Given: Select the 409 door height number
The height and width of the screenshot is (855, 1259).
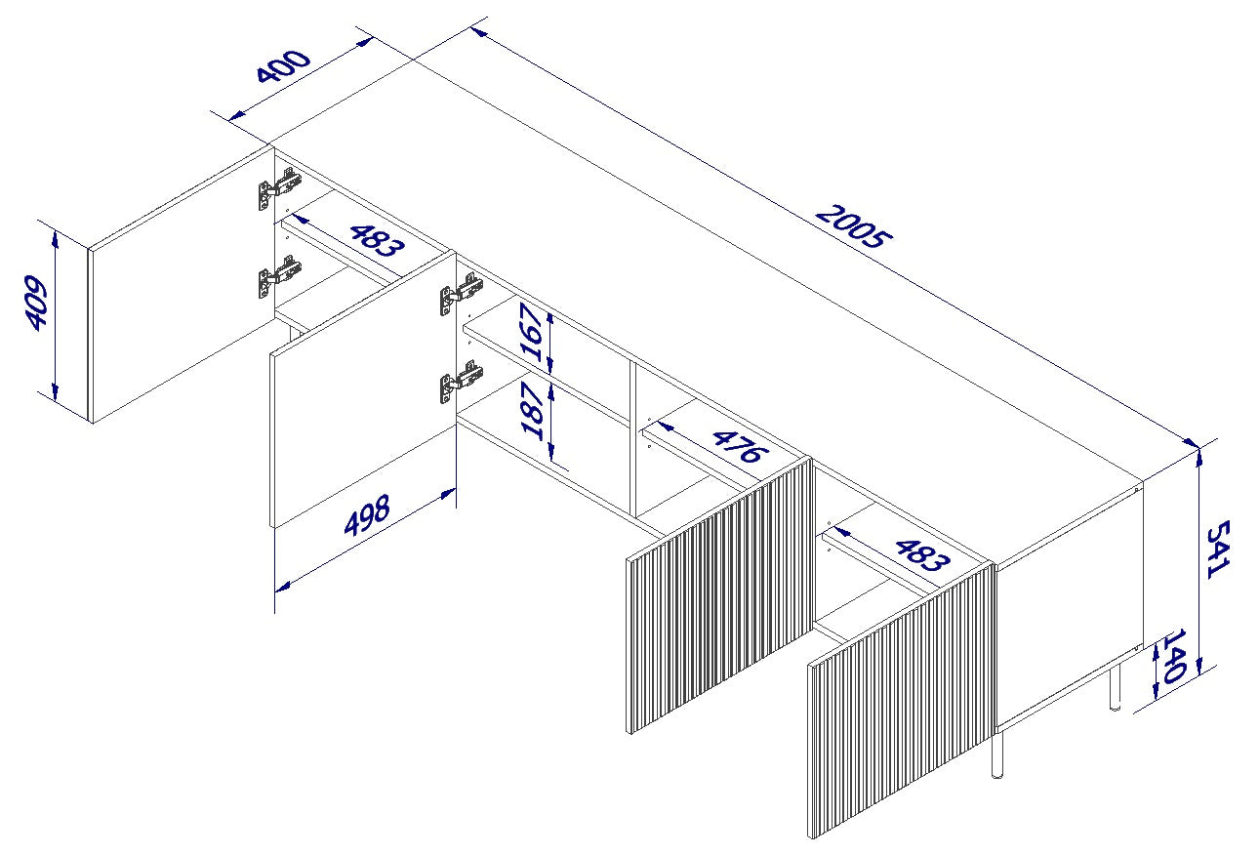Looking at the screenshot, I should pyautogui.click(x=37, y=304).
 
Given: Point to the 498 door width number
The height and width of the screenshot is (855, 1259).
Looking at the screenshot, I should pyautogui.click(x=367, y=514).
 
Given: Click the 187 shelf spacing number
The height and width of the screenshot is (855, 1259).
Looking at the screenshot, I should pyautogui.click(x=533, y=410).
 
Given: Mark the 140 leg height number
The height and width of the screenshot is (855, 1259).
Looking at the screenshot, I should pyautogui.click(x=1172, y=656).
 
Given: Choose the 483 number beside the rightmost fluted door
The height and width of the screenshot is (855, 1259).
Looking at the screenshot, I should pyautogui.click(x=919, y=553).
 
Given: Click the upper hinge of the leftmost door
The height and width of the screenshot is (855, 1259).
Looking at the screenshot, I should pyautogui.click(x=278, y=187).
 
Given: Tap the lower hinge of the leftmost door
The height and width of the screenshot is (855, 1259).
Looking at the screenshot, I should pyautogui.click(x=278, y=275).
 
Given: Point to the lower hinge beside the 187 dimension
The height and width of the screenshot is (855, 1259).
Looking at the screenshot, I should pyautogui.click(x=460, y=380).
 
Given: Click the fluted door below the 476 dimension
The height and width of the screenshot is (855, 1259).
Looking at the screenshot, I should pyautogui.click(x=719, y=595).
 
